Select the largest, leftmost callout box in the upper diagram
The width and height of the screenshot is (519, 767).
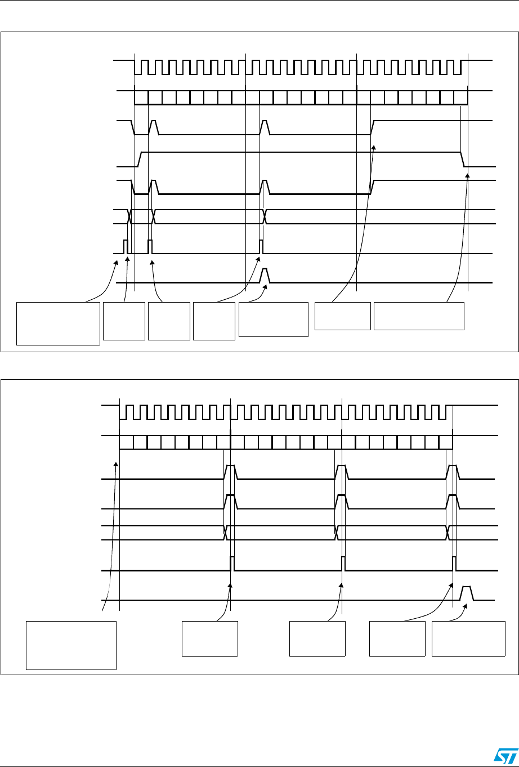pyautogui.click(x=58, y=323)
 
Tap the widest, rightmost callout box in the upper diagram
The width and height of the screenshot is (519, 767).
pyautogui.click(x=419, y=316)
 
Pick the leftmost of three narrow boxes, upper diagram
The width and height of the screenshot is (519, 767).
pyautogui.click(x=124, y=321)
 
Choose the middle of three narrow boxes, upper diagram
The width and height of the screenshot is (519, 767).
pyautogui.click(x=169, y=321)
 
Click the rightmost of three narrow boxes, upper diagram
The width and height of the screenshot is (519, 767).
pyautogui.click(x=214, y=321)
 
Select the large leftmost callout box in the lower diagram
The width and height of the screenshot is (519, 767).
pyautogui.click(x=71, y=645)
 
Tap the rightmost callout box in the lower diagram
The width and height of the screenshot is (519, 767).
pyautogui.click(x=468, y=638)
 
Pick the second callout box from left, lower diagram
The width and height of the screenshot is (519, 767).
pyautogui.click(x=209, y=638)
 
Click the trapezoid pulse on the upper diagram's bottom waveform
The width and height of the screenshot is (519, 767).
pyautogui.click(x=266, y=276)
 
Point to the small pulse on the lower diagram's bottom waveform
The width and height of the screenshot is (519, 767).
pyautogui.click(x=467, y=593)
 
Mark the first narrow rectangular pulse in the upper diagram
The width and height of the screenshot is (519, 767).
pyautogui.click(x=126, y=246)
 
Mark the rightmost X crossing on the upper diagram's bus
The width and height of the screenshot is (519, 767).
pyautogui.click(x=266, y=216)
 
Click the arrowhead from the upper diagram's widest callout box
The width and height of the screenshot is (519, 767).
pyautogui.click(x=467, y=175)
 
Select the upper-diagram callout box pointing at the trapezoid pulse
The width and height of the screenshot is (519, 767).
pyautogui.click(x=274, y=319)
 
